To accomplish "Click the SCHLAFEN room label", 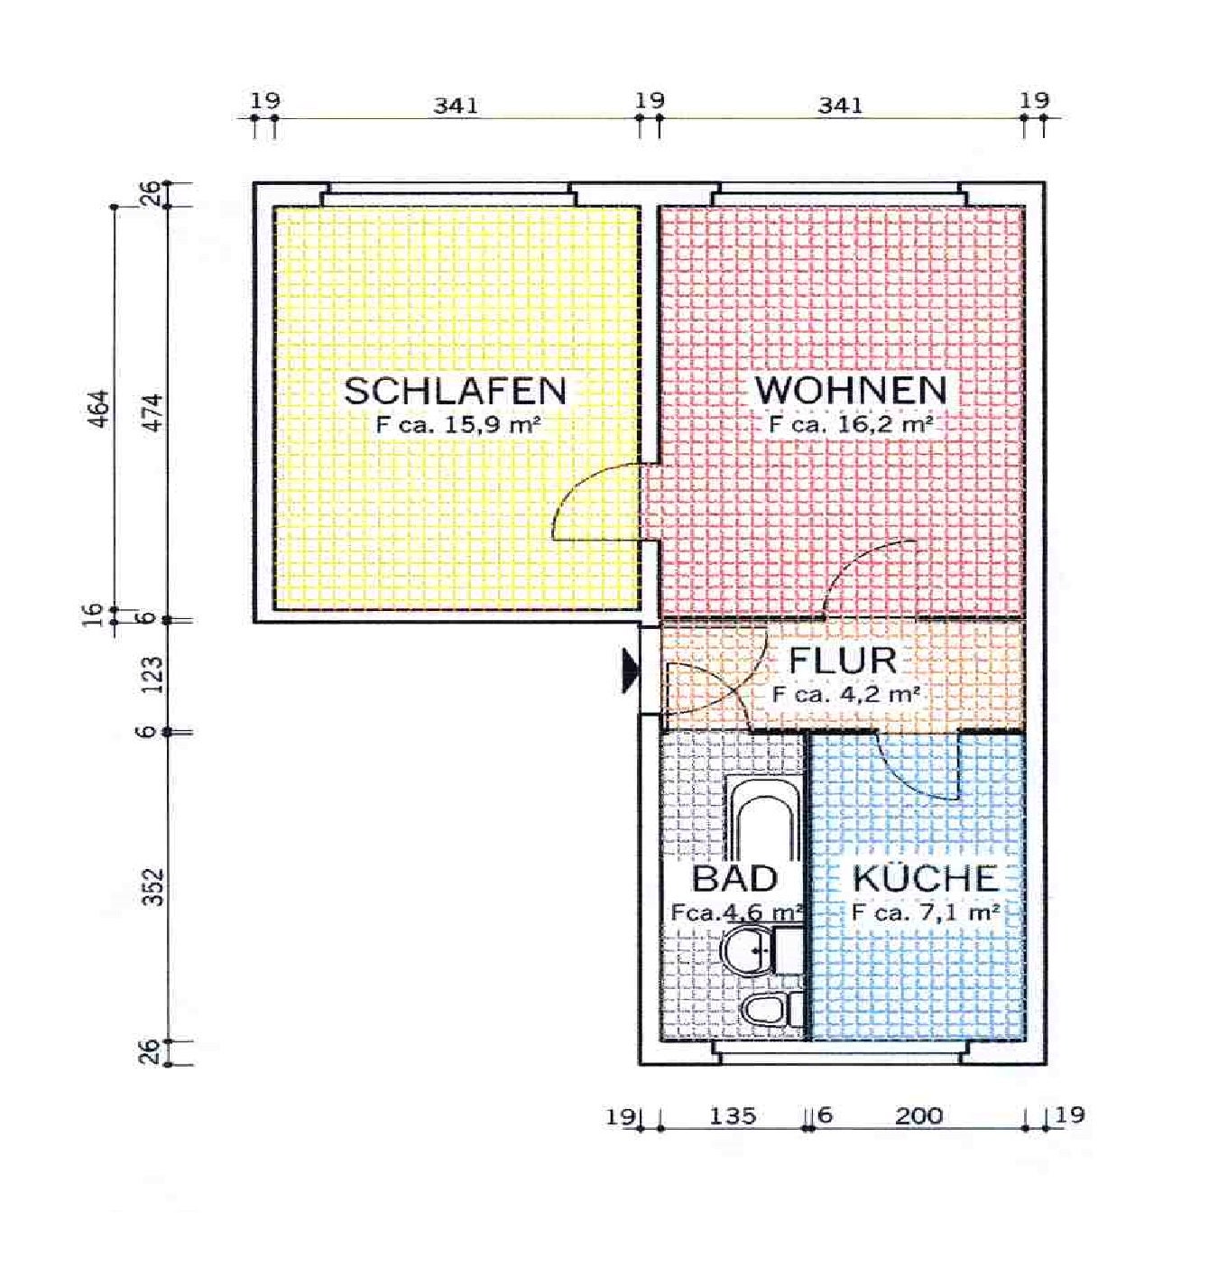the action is pyautogui.click(x=455, y=391).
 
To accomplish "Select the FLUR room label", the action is pyautogui.click(x=843, y=661).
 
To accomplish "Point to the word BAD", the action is pyautogui.click(x=734, y=878).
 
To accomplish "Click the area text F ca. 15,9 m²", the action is pyautogui.click(x=458, y=426).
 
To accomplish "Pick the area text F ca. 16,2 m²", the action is pyautogui.click(x=851, y=425).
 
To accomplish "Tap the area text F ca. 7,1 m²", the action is pyautogui.click(x=925, y=912).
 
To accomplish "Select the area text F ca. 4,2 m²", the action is pyautogui.click(x=845, y=694).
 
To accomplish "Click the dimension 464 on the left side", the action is pyautogui.click(x=98, y=408).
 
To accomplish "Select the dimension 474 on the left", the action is pyautogui.click(x=152, y=412).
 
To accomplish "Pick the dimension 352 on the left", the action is pyautogui.click(x=152, y=887).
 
